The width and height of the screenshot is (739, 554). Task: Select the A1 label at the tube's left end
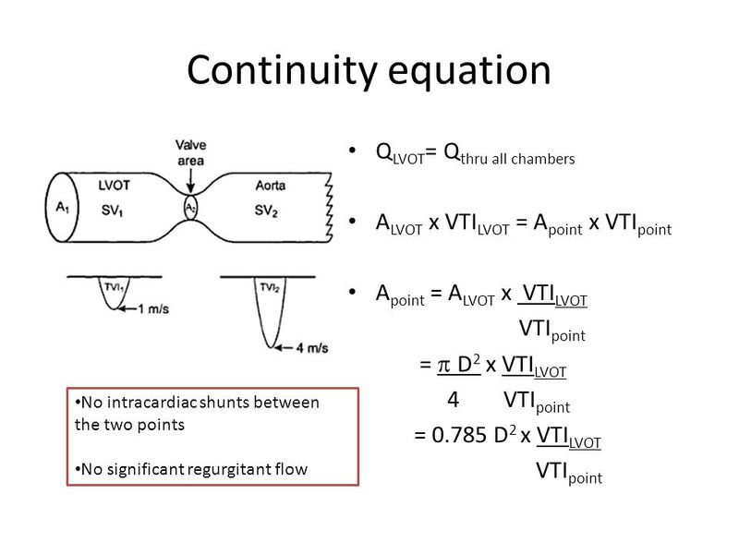63,208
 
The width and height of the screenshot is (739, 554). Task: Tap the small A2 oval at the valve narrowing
191,208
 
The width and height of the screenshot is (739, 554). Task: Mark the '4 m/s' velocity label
304,348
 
